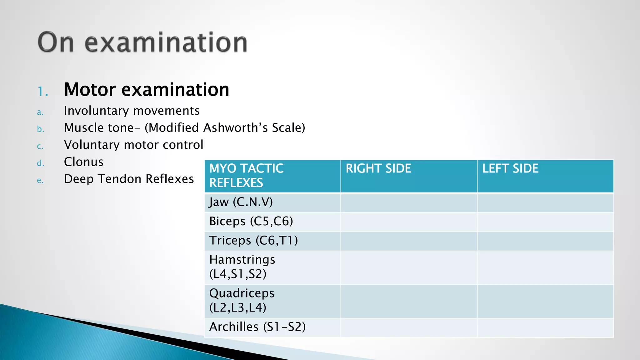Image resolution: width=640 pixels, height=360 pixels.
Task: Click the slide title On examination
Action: tap(142, 42)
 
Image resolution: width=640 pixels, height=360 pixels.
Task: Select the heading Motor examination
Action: tap(147, 90)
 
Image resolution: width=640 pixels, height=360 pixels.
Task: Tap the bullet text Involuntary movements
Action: tap(132, 111)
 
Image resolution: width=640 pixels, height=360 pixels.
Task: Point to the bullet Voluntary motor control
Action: tap(133, 145)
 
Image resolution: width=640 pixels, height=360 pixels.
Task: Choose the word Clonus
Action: tap(83, 162)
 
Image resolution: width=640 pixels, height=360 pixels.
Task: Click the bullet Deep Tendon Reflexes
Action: tap(129, 179)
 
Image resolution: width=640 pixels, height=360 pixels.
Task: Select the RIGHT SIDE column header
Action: tap(378, 169)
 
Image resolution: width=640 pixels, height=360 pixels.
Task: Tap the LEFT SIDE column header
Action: tap(510, 169)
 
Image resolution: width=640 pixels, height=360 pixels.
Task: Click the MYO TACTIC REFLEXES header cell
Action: tap(246, 176)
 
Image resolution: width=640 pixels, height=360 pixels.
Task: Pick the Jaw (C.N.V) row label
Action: tap(241, 202)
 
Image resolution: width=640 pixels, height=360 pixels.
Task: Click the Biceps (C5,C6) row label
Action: tap(251, 222)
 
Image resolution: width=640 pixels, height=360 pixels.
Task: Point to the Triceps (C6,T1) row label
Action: tap(253, 241)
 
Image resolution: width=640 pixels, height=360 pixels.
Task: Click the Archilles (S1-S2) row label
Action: tap(257, 327)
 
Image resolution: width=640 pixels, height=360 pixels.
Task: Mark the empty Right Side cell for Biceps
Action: tap(409, 222)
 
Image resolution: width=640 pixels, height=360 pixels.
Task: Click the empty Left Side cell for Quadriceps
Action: tap(545, 301)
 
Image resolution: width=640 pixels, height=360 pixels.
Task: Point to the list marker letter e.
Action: tap(40, 181)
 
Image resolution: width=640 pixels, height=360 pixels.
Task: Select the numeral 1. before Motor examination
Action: tap(43, 92)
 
